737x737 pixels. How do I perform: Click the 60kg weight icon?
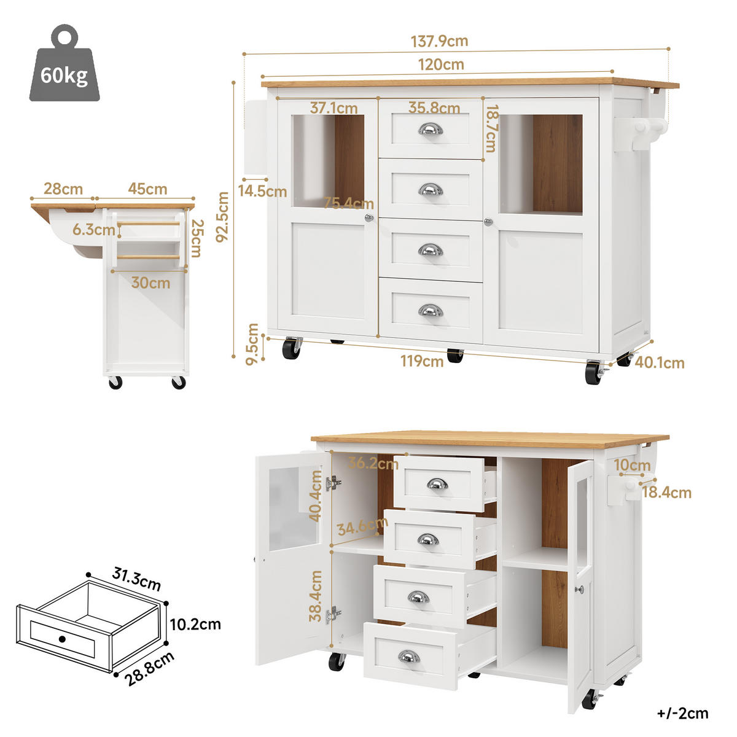tap(64, 66)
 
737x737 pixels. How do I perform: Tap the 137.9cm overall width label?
tap(439, 41)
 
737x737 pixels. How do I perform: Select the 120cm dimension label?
tap(440, 64)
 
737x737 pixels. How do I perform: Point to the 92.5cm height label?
tap(223, 216)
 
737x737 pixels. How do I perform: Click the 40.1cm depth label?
tap(659, 363)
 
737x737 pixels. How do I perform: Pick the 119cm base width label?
tap(422, 361)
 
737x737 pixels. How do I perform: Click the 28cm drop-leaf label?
tap(63, 189)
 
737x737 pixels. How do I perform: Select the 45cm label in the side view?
tap(147, 189)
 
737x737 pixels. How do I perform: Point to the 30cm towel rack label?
tap(150, 283)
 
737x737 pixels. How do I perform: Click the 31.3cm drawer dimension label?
tap(136, 579)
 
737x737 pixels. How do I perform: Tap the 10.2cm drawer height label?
tap(195, 625)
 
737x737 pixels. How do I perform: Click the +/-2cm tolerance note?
tap(682, 713)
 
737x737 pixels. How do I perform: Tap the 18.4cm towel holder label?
tap(666, 492)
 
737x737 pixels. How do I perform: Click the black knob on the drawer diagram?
tap(62, 639)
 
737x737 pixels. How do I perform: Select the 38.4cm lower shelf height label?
tap(316, 595)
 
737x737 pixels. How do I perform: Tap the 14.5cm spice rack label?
tap(262, 191)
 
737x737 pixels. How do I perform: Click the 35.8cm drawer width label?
tap(434, 108)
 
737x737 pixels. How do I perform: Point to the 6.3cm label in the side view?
tap(94, 230)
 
